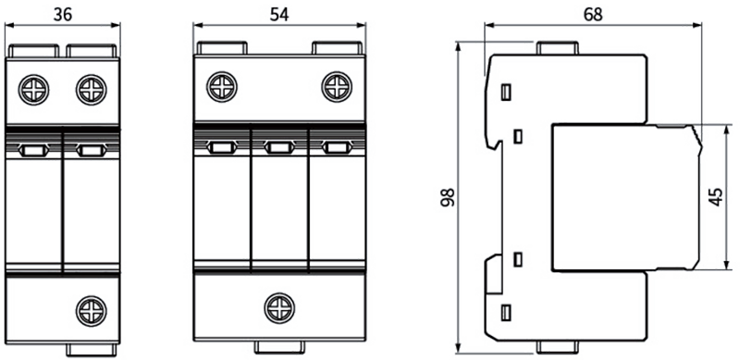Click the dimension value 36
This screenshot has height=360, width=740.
[63, 15]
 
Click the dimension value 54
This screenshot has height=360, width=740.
[279, 15]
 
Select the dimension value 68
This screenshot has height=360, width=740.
[593, 15]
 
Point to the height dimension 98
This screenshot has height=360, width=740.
[447, 197]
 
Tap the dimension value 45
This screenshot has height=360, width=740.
[716, 197]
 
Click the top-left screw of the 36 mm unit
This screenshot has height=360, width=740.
[33, 90]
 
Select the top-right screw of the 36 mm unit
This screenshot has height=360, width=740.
[91, 90]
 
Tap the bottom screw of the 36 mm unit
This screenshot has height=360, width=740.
[91, 311]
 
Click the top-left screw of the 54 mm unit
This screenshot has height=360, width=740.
[222, 87]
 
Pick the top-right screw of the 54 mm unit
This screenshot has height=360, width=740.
[337, 87]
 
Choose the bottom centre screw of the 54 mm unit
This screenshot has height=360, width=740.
[279, 308]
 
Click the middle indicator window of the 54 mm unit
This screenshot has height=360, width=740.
[279, 148]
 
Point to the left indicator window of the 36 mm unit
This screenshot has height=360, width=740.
[33, 151]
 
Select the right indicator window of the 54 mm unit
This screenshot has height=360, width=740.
[337, 148]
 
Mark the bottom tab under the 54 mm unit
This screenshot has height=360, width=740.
[279, 347]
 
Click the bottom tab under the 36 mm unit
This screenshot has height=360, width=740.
[91, 350]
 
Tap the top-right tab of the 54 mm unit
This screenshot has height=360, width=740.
[337, 48]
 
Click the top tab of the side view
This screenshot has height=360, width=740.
[558, 48]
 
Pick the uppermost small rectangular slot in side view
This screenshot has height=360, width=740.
[506, 93]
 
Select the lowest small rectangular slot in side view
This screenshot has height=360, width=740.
[506, 313]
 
